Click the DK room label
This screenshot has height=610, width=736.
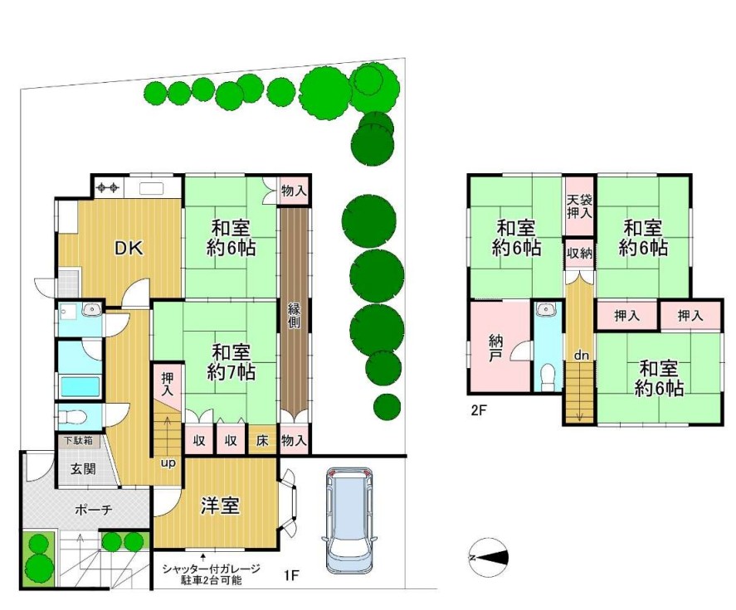(x=129, y=248)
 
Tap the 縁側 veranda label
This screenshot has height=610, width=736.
(x=295, y=316)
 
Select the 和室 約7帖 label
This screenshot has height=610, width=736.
(x=231, y=362)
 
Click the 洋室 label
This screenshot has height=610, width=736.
(x=220, y=506)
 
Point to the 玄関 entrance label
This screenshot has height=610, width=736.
(x=84, y=468)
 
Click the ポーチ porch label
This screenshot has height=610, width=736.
(x=94, y=509)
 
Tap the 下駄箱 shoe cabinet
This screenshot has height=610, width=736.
(x=78, y=441)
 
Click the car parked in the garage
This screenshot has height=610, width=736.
(x=347, y=520)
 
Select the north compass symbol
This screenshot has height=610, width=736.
(x=489, y=558)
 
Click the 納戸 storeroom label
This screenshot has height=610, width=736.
(x=495, y=348)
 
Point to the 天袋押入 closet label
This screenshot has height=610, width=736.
(x=580, y=206)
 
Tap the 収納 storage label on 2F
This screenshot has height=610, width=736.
(x=580, y=253)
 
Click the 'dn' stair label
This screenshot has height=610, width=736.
(x=581, y=356)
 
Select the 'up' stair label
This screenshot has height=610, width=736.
(x=168, y=463)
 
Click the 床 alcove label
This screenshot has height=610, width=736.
(x=262, y=440)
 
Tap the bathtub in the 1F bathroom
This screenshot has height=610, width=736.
(x=80, y=387)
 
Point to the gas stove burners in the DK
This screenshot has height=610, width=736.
(x=108, y=188)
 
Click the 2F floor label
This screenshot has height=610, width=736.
(x=480, y=411)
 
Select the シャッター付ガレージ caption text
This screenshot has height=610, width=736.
(x=212, y=569)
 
